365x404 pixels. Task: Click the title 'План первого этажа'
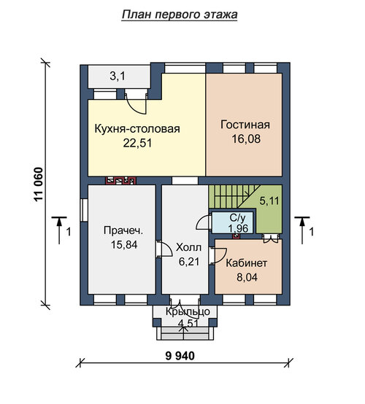coord(180,15)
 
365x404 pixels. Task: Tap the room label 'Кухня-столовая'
coord(137,128)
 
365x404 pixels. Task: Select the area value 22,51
coord(137,143)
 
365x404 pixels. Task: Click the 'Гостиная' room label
coord(245,125)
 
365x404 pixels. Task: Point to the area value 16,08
coord(246,139)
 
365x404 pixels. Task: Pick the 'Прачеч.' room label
coord(123,230)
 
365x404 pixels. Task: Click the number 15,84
coord(124,245)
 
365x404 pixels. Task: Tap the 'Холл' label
coord(188,248)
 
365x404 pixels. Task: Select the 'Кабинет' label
coord(246,263)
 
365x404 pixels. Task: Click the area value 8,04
coord(247,278)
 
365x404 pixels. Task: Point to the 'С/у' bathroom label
coord(237,218)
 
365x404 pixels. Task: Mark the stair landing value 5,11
coord(269,201)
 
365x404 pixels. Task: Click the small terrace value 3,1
coord(118,77)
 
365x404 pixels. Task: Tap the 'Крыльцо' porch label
coord(188,312)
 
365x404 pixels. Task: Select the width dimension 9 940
coord(180,356)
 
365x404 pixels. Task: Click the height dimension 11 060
coord(38,184)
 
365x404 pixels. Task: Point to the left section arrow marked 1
coord(59,230)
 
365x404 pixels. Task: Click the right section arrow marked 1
coord(302,230)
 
